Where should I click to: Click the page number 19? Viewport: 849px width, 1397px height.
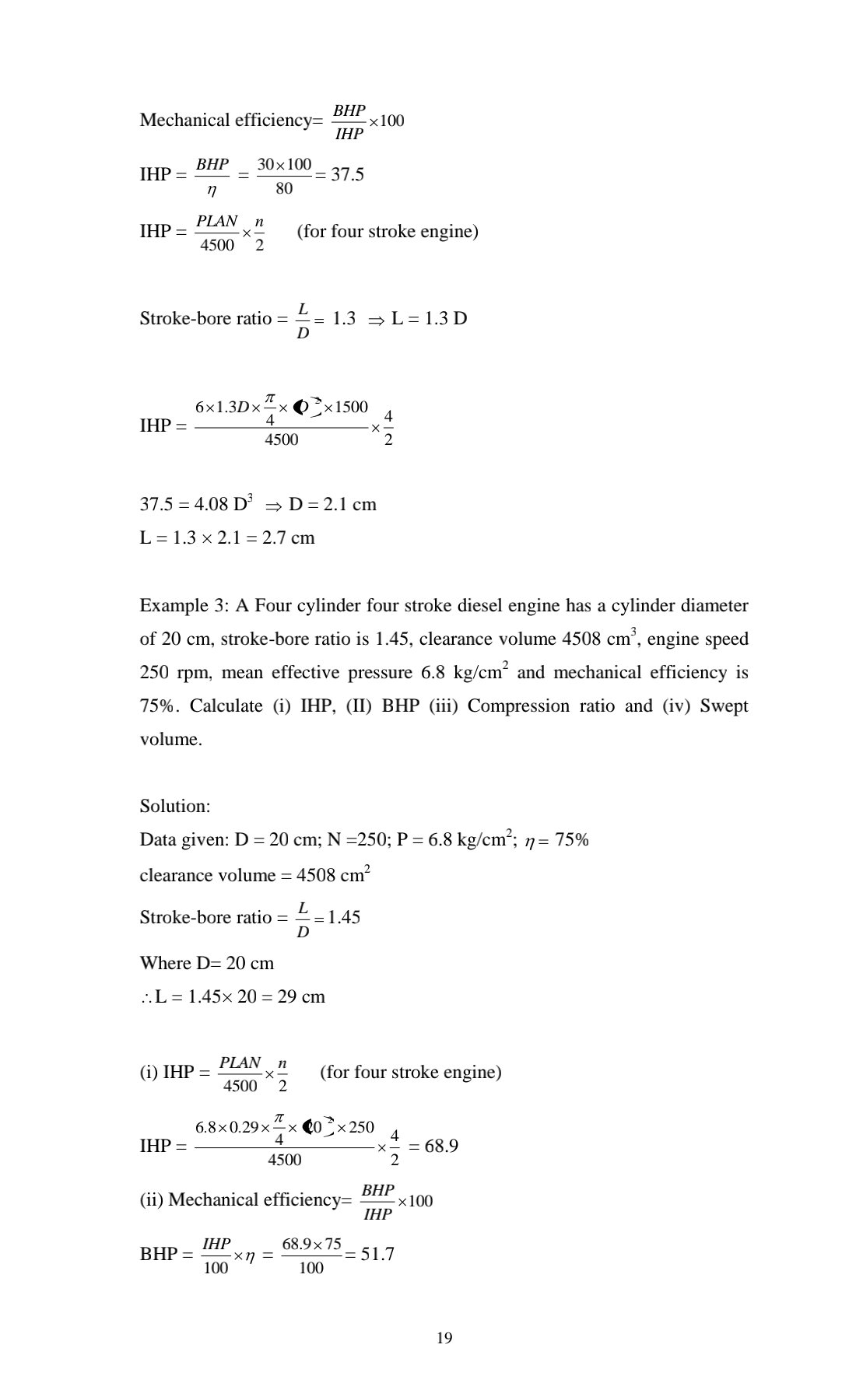coord(444,1338)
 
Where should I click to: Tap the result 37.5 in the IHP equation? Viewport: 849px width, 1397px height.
coord(348,174)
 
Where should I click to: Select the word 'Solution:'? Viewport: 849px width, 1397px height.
coord(175,806)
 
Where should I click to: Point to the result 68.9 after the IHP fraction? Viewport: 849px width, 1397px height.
coord(441,1146)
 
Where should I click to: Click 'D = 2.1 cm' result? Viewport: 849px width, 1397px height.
coord(332,505)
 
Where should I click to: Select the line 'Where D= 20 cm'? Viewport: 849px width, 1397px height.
coord(207,963)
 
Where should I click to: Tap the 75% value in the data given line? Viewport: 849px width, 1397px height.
coord(572,840)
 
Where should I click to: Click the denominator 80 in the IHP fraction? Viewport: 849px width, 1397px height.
coord(284,188)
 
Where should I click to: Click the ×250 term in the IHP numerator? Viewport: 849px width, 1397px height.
coord(355,1127)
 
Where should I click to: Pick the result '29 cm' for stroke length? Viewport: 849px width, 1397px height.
coord(301,997)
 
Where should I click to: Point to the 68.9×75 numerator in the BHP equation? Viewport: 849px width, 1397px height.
coord(311,1245)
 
